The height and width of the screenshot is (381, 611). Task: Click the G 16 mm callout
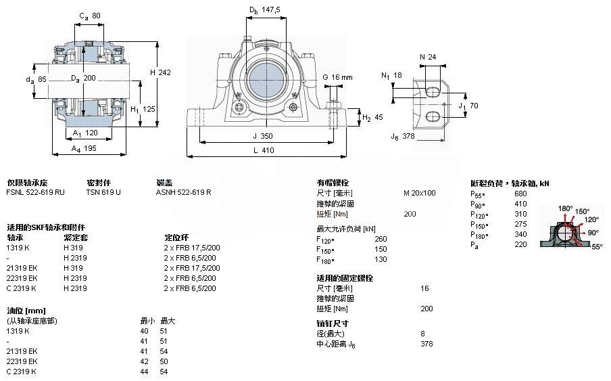point(337,77)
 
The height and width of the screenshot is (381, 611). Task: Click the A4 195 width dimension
point(84,147)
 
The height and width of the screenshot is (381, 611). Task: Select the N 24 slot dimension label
point(428,57)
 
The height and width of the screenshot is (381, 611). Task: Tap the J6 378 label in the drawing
point(401,136)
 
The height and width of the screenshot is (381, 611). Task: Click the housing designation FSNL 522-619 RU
point(35,192)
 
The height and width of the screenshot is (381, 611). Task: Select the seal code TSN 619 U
point(103,192)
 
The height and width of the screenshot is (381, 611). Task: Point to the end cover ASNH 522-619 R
point(183,192)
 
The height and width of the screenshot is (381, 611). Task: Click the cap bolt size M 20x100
point(419,193)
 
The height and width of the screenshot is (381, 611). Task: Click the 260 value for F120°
point(381,238)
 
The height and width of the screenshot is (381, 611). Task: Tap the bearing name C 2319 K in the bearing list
point(21,288)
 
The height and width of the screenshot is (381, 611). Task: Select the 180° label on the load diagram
point(565,208)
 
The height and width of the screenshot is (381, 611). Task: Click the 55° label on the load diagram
point(596,248)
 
